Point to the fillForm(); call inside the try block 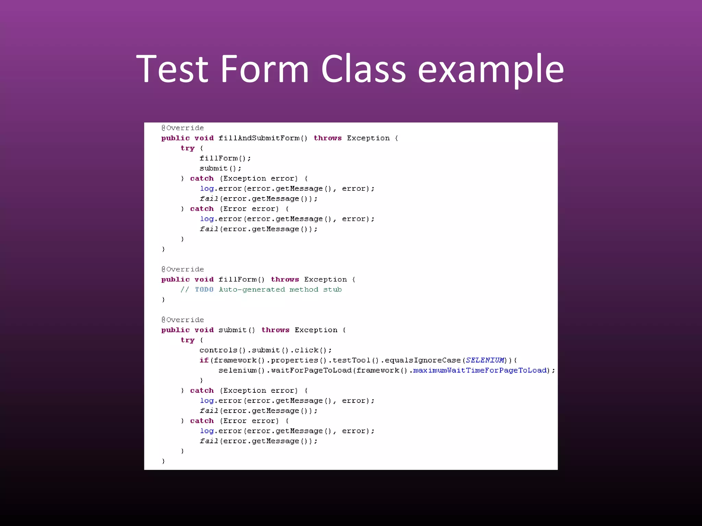[x=225, y=158]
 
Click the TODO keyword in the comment [x=204, y=289]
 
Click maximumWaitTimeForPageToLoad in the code [x=480, y=370]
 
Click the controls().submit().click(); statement [x=265, y=350]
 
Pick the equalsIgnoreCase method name [x=423, y=360]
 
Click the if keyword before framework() [x=204, y=360]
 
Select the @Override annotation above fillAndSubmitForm [x=183, y=128]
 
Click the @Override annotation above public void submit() [x=183, y=320]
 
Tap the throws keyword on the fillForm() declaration [x=285, y=279]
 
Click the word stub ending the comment [x=332, y=289]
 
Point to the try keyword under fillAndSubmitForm [x=187, y=148]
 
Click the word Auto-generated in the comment [x=252, y=289]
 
